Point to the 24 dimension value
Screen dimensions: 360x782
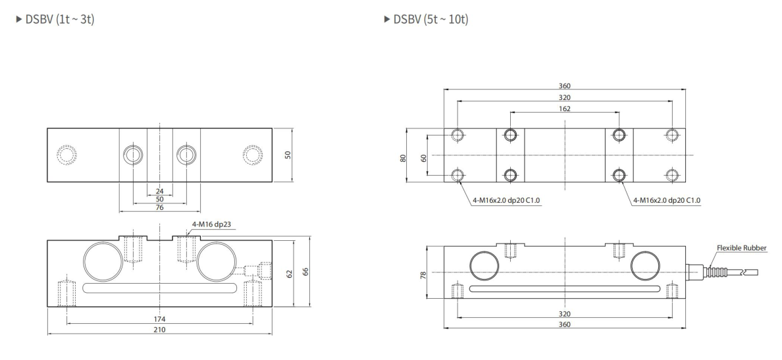159,192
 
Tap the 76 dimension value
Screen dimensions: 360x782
159,208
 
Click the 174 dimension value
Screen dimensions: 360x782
159,319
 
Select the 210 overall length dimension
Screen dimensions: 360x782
159,330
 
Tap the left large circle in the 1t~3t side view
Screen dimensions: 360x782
103,262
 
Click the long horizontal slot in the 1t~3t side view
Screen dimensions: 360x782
159,286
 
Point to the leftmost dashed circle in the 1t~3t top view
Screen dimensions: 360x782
67,155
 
